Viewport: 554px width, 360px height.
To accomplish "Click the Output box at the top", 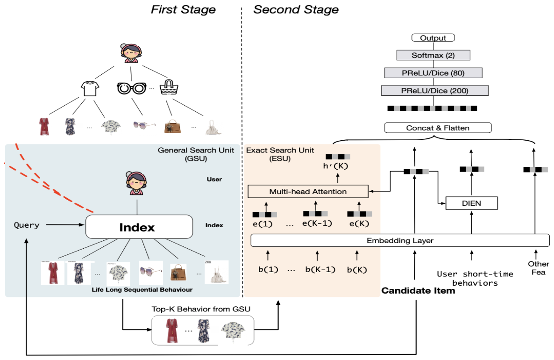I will pyautogui.click(x=433, y=38).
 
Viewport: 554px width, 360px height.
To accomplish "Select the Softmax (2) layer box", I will pyautogui.click(x=433, y=55).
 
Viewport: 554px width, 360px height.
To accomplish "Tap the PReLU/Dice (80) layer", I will pyautogui.click(x=433, y=72).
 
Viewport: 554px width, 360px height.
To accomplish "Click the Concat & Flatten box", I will pyautogui.click(x=438, y=128).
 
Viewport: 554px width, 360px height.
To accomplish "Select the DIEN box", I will pyautogui.click(x=472, y=203).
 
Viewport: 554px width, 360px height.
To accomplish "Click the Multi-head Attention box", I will pyautogui.click(x=308, y=191).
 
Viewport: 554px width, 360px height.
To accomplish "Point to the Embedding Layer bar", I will pyautogui.click(x=400, y=240).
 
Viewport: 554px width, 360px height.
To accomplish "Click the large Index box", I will pyautogui.click(x=139, y=227).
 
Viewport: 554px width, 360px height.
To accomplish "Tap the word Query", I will pyautogui.click(x=27, y=225).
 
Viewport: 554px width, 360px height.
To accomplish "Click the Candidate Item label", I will pyautogui.click(x=418, y=291).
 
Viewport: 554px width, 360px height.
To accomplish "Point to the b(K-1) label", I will pyautogui.click(x=318, y=269).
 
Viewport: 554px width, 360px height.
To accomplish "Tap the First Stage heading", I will pyautogui.click(x=183, y=10).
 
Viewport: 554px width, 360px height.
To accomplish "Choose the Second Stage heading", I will pyautogui.click(x=296, y=10).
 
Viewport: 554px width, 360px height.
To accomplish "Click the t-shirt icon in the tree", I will pyautogui.click(x=91, y=88).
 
